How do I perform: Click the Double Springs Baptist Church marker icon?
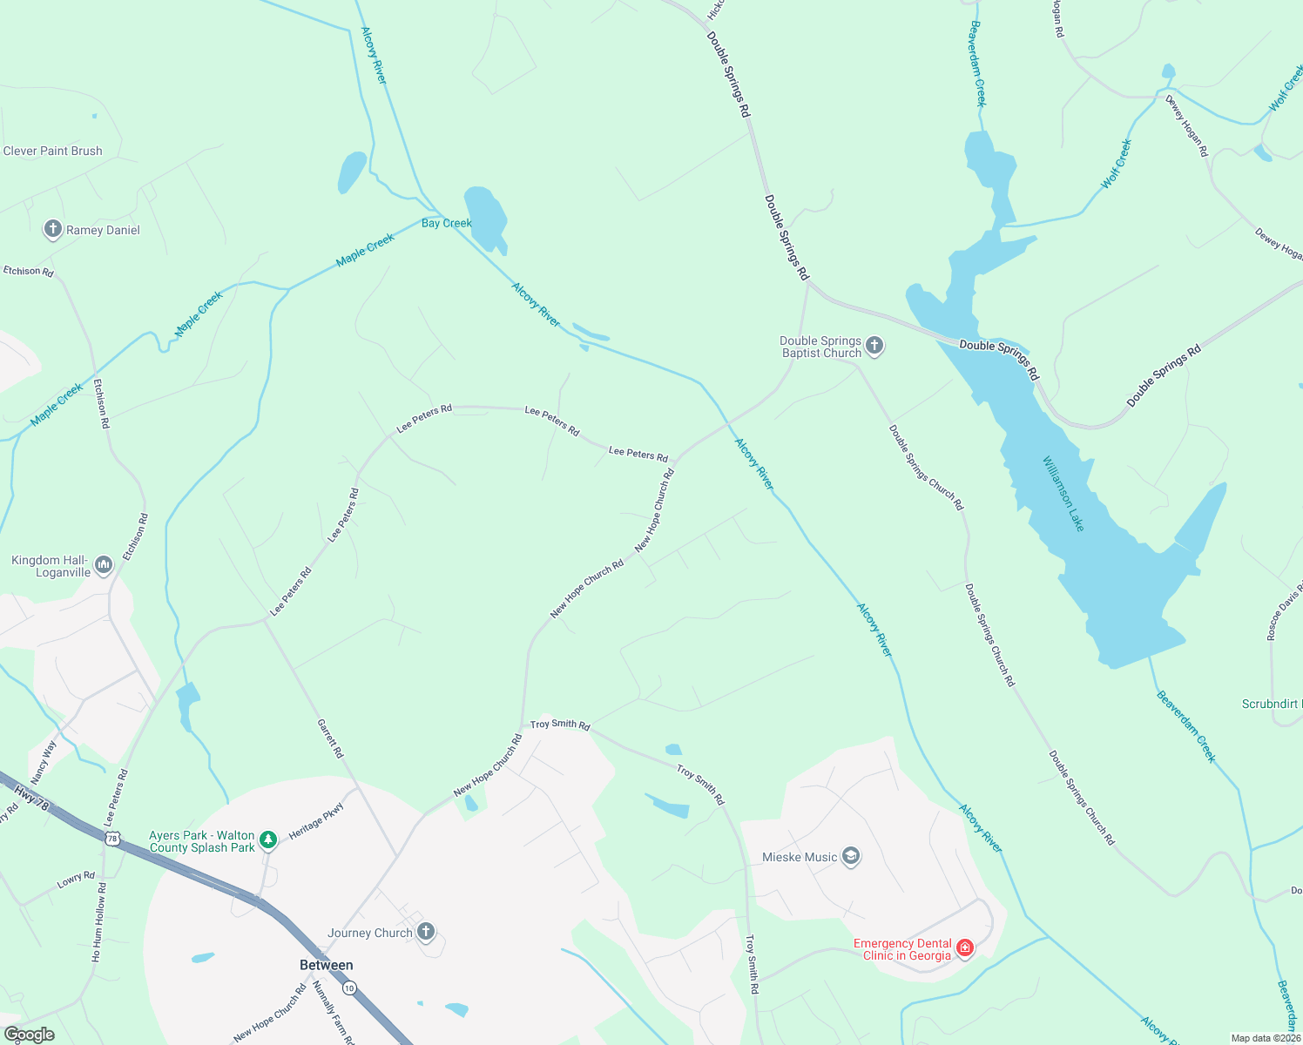(874, 347)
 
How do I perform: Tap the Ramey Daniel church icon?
(53, 230)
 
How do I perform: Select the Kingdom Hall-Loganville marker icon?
(104, 566)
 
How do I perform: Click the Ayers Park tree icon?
(269, 839)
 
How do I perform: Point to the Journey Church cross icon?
(426, 932)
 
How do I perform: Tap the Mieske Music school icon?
(851, 857)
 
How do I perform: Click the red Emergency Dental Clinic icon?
(964, 948)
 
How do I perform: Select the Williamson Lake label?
(1063, 493)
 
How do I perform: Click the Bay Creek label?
(446, 223)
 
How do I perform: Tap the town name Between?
(326, 965)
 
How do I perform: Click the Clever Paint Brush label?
(52, 151)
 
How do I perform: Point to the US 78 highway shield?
(111, 839)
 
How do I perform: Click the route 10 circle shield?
(349, 988)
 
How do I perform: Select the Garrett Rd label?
(330, 738)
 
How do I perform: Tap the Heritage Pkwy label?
(316, 820)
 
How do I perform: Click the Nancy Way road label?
(44, 761)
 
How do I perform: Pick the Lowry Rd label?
(76, 880)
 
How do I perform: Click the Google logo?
(29, 1035)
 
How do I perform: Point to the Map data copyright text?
(1266, 1038)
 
